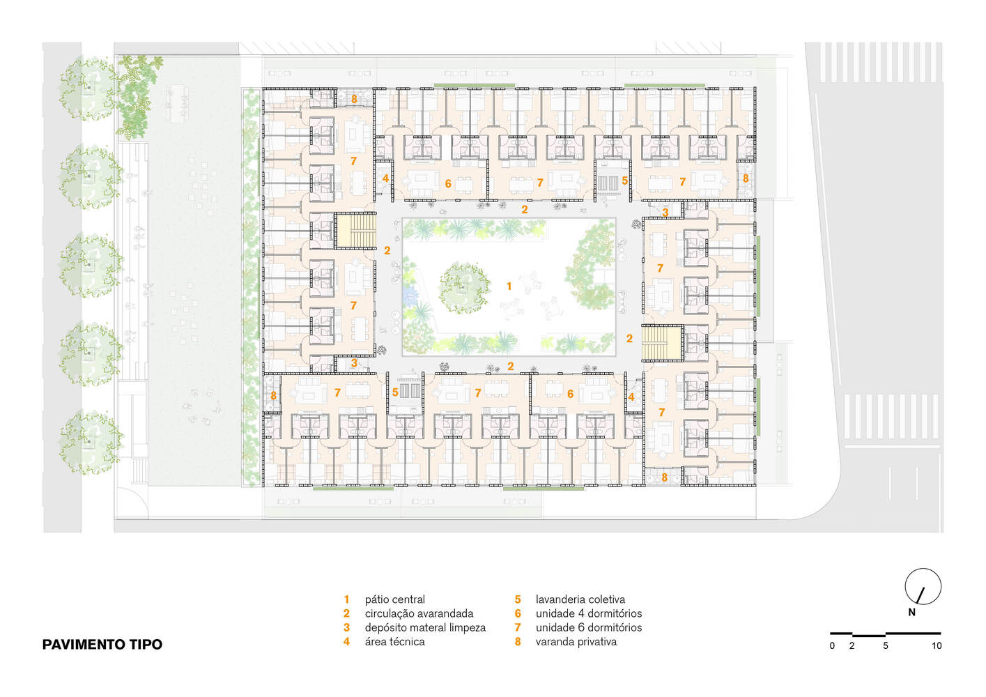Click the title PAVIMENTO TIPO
tap(102, 644)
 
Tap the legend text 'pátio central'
tap(395, 599)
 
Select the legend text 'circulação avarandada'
tap(419, 614)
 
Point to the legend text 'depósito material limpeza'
tap(425, 628)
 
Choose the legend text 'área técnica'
tap(395, 641)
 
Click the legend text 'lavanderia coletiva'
tap(580, 599)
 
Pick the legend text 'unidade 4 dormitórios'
tap(589, 613)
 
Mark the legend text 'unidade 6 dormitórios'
tap(589, 627)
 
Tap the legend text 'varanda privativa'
tap(576, 642)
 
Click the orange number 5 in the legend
tap(518, 599)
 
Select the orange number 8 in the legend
tap(518, 642)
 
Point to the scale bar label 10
tap(937, 646)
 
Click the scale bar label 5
tap(885, 646)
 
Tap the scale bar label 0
tap(832, 646)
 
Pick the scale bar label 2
tap(852, 646)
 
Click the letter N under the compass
tap(911, 612)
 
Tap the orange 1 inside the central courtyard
tap(509, 286)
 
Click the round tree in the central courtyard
tap(464, 288)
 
